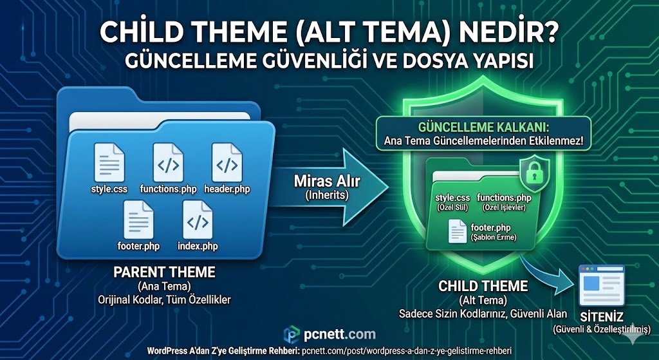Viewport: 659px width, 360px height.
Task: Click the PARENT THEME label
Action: [164, 272]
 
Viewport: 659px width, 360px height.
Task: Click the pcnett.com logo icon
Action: [292, 334]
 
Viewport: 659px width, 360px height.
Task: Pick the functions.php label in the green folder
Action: [504, 198]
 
